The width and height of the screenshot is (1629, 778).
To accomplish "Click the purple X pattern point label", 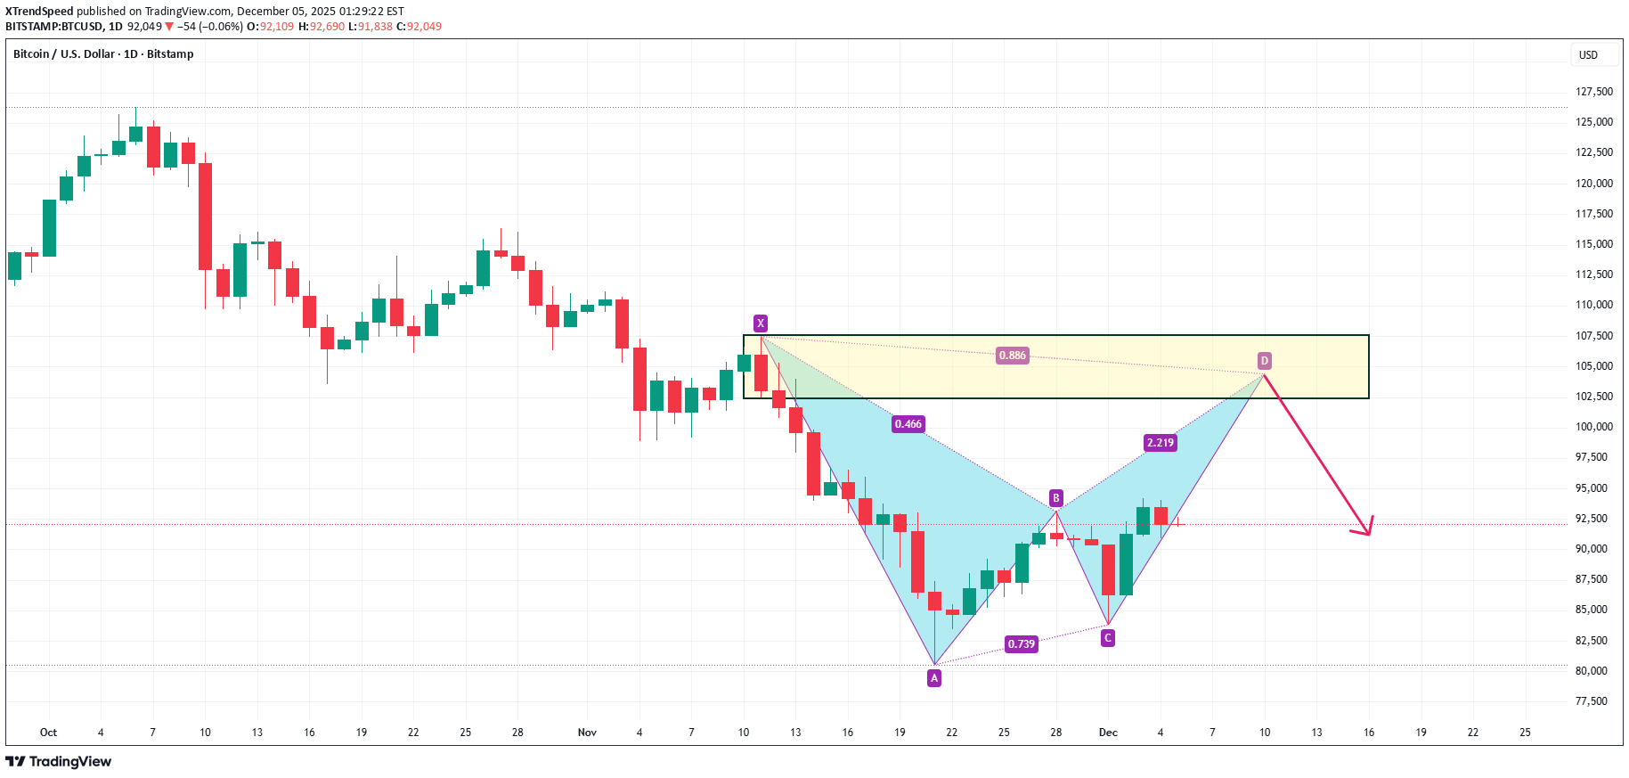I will pyautogui.click(x=760, y=323).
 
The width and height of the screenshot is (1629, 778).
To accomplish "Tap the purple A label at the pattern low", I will pyautogui.click(x=934, y=678).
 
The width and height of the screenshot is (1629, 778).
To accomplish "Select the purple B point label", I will pyautogui.click(x=1056, y=498).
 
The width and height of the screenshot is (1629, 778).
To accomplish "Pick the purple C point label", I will pyautogui.click(x=1108, y=638).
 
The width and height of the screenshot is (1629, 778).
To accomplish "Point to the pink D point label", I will pyautogui.click(x=1265, y=361).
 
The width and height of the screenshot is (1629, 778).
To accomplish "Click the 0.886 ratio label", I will pyautogui.click(x=1012, y=356).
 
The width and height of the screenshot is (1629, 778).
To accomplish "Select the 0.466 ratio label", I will pyautogui.click(x=908, y=424).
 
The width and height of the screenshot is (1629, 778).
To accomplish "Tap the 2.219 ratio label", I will pyautogui.click(x=1160, y=443).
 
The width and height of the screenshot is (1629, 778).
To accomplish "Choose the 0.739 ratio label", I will pyautogui.click(x=1021, y=644).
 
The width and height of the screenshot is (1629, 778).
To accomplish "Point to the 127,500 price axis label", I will pyautogui.click(x=1593, y=92).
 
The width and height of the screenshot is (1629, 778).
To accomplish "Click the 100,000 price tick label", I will pyautogui.click(x=1593, y=427).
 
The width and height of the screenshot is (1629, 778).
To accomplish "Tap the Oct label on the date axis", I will pyautogui.click(x=48, y=733).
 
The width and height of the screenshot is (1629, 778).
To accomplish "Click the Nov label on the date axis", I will pyautogui.click(x=587, y=733).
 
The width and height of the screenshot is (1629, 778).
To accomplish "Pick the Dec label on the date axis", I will pyautogui.click(x=1108, y=733).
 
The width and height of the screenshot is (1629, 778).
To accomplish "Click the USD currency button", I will pyautogui.click(x=1588, y=55).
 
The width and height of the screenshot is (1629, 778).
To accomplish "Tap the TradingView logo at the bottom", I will pyautogui.click(x=59, y=762).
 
